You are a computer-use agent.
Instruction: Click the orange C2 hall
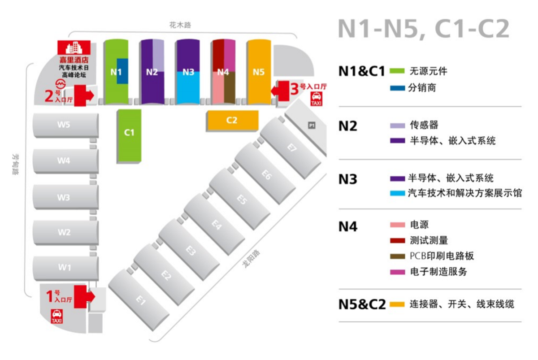233,120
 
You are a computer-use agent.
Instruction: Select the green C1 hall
130,136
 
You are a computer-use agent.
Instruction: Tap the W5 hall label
64,125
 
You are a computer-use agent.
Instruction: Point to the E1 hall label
141,300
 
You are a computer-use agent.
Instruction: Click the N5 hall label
259,72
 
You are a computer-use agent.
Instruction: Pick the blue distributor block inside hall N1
122,71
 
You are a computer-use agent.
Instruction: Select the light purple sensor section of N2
158,56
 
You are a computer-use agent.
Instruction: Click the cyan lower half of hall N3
188,87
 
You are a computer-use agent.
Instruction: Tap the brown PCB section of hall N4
230,87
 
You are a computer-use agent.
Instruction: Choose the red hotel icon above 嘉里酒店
74,48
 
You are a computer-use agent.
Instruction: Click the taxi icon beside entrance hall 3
317,99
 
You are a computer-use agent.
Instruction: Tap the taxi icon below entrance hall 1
57,317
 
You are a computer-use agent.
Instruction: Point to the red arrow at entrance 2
84,95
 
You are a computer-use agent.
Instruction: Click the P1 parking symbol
312,126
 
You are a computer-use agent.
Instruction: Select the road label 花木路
180,25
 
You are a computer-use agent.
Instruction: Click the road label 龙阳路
251,259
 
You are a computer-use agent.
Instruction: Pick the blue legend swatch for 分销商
398,88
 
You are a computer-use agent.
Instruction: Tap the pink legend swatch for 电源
398,225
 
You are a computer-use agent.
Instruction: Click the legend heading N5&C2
362,304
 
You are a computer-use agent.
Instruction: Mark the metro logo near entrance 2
61,84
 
